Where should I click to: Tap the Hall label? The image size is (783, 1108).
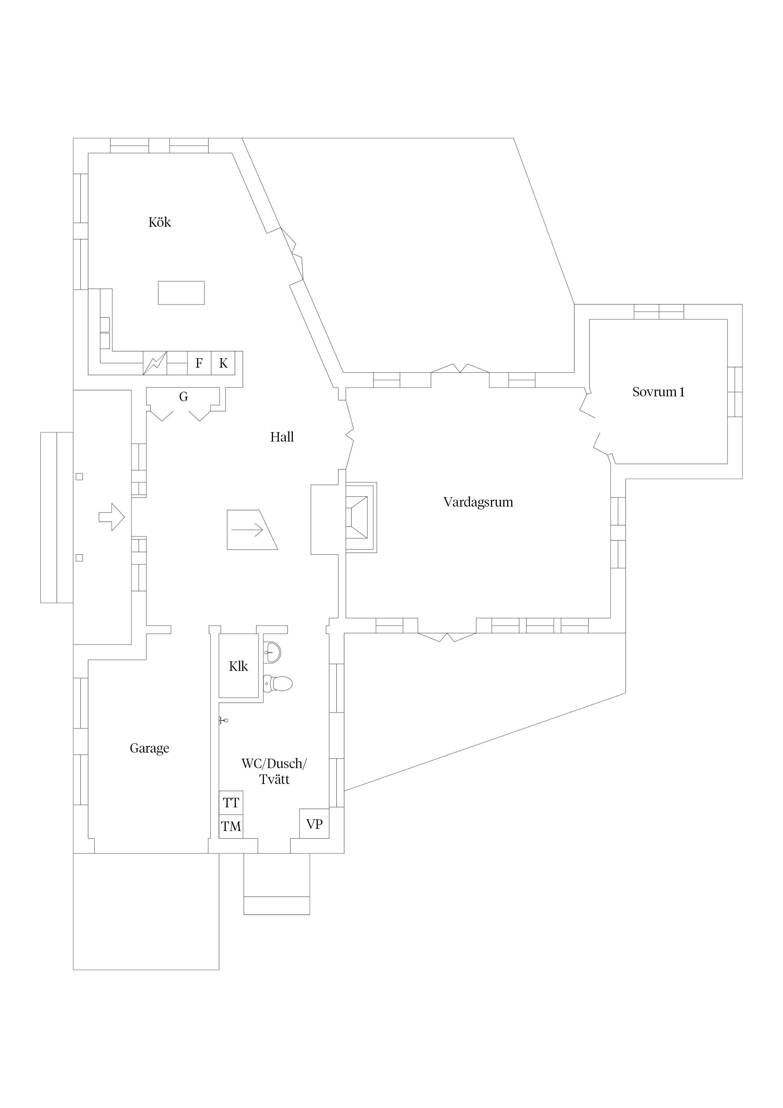282,437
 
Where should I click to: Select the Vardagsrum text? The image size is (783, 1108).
478,503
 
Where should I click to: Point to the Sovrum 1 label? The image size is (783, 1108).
658,392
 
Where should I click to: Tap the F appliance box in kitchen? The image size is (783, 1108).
199,363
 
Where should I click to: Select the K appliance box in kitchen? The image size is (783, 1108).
223,363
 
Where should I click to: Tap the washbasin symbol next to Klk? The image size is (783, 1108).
272,653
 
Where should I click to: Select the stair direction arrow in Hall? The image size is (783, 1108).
248,530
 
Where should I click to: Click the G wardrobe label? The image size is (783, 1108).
183,397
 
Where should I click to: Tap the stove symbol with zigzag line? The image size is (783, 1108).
155,363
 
